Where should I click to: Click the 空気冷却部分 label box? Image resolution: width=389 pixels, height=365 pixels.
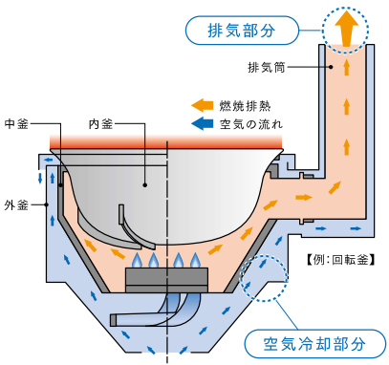click(314, 342)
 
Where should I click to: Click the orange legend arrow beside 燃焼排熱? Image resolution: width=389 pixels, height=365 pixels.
click(202, 104)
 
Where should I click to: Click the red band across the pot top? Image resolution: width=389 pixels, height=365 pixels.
click(166, 141)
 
